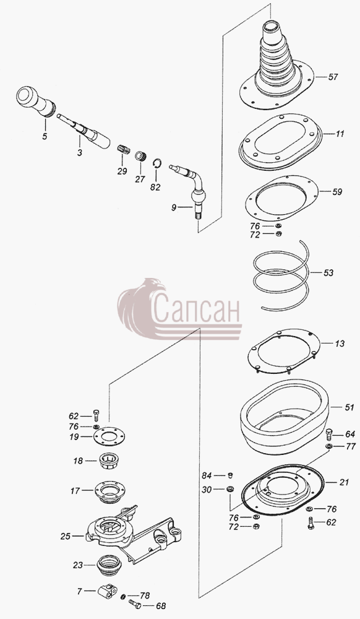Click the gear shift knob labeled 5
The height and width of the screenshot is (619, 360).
(x=35, y=101)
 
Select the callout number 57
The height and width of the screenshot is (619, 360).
(x=333, y=77)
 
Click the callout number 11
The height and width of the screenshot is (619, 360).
(x=340, y=134)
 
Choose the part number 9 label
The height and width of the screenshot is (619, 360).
(x=173, y=207)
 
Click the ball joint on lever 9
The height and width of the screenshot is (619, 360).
(x=197, y=196)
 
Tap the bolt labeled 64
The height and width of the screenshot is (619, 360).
(x=329, y=435)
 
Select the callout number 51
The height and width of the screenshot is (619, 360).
(x=349, y=407)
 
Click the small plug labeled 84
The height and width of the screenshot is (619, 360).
(x=231, y=475)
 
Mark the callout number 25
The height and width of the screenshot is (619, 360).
(x=66, y=536)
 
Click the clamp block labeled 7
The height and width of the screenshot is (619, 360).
(x=107, y=591)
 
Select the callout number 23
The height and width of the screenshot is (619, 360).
(x=78, y=565)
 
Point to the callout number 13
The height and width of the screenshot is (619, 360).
(x=340, y=344)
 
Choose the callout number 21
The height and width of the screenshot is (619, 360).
(x=344, y=482)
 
